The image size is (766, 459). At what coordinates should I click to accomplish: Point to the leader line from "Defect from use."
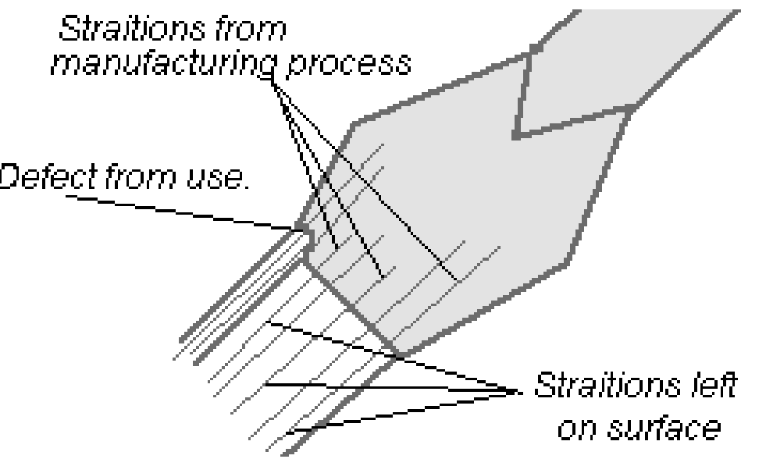(x=180, y=211)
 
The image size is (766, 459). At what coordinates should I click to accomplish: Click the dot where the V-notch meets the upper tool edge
(x=534, y=49)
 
